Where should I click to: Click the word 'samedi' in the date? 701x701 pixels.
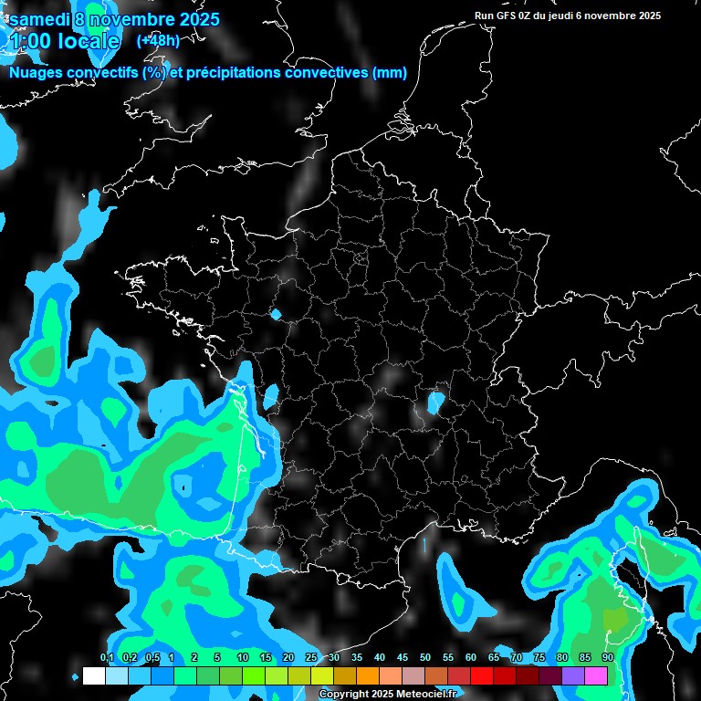pos(41,19)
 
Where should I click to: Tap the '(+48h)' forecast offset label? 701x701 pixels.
pos(158,40)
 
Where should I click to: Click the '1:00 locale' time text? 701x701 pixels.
pos(64,41)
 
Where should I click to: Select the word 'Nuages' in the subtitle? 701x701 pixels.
pos(36,73)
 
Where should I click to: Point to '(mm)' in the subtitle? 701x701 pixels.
pos(391,73)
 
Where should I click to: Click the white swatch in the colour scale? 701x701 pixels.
pos(93,675)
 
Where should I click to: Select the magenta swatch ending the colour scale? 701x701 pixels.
pos(596,675)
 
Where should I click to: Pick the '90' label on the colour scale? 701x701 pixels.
pos(607,657)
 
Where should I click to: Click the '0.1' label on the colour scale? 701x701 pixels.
pos(106,657)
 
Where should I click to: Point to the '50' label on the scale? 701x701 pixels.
pos(425,657)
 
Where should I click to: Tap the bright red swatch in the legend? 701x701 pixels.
pos(482,675)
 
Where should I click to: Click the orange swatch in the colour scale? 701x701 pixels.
pos(368,675)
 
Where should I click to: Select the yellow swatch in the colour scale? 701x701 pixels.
pos(321,675)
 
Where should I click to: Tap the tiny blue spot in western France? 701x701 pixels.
pos(276,314)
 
